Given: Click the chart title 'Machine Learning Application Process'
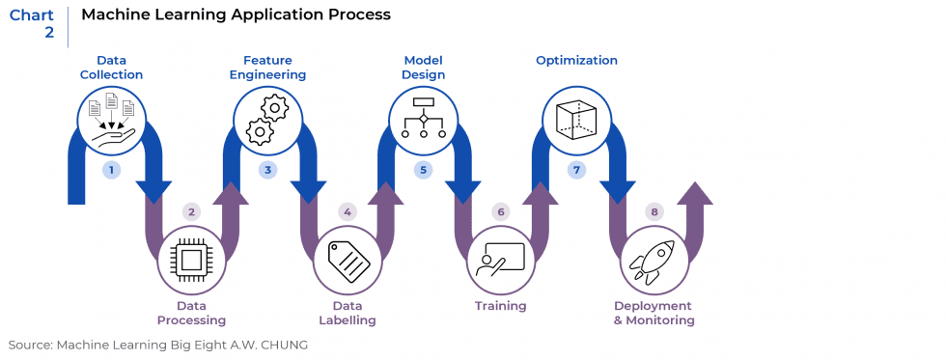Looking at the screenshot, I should point(236,14).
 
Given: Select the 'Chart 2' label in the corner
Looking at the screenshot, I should point(32,23).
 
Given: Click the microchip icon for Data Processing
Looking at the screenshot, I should point(191,259).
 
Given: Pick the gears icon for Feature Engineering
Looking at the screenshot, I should point(268,121).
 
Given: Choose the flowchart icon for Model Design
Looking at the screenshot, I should point(423,121).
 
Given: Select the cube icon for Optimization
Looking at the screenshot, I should point(576,121).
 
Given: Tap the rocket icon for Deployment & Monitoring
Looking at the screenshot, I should point(654,259).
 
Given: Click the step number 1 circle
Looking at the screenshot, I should point(113,170).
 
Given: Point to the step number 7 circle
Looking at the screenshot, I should point(576,170).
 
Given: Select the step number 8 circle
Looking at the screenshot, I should point(654,211).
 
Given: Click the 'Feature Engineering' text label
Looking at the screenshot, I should point(268,68).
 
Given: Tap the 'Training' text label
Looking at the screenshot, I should point(500,306).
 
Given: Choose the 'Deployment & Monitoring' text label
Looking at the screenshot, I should point(654,313).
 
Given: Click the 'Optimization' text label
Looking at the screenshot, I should point(576,61).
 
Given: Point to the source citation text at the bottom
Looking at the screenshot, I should point(157,345).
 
